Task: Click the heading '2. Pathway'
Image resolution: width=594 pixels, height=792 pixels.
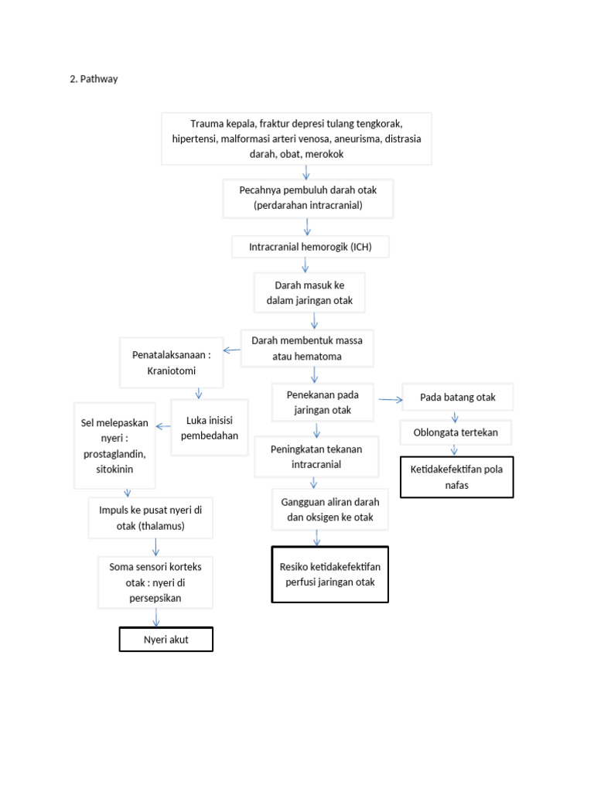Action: (94, 79)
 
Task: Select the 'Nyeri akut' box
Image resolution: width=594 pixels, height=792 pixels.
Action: (166, 640)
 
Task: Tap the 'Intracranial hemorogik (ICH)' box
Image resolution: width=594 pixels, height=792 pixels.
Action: (310, 247)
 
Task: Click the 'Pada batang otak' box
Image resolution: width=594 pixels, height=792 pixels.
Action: (457, 398)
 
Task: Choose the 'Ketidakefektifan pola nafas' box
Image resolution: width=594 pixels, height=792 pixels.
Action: (456, 476)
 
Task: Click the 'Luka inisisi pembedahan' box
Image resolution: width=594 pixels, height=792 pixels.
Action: (209, 428)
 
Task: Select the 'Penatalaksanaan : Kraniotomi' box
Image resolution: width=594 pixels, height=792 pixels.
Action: (172, 363)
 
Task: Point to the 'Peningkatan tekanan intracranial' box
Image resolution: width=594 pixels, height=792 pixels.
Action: (316, 456)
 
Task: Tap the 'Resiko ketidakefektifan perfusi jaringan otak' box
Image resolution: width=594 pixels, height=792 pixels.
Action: (329, 574)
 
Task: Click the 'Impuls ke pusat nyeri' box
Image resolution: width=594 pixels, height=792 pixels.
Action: (155, 518)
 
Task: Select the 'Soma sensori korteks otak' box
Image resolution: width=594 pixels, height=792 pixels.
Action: (155, 582)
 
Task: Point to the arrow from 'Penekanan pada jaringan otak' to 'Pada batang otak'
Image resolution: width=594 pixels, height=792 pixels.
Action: (391, 399)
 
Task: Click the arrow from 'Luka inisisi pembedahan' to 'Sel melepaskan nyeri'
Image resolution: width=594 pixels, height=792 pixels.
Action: (163, 425)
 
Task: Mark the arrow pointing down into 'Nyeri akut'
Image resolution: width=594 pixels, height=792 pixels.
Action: (157, 617)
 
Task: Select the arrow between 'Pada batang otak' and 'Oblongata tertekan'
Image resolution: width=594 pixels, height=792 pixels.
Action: (455, 416)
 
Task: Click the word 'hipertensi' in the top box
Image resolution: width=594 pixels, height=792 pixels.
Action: (195, 139)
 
